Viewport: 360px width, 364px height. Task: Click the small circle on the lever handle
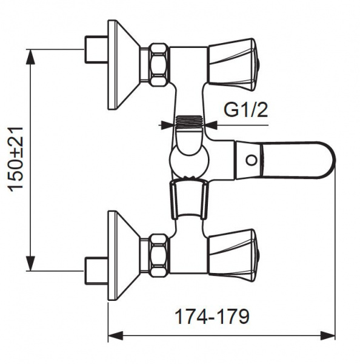[x=252, y=160]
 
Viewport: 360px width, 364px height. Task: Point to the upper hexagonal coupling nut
[x=160, y=64]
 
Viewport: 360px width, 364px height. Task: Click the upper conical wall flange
[x=124, y=65]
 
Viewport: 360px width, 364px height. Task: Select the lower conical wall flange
[x=124, y=256]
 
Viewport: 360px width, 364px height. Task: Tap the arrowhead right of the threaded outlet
[x=211, y=126]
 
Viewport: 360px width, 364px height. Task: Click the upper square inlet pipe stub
[x=96, y=49]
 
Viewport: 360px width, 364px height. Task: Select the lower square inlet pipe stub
[x=96, y=271]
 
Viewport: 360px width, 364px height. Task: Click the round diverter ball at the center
[x=190, y=161]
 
